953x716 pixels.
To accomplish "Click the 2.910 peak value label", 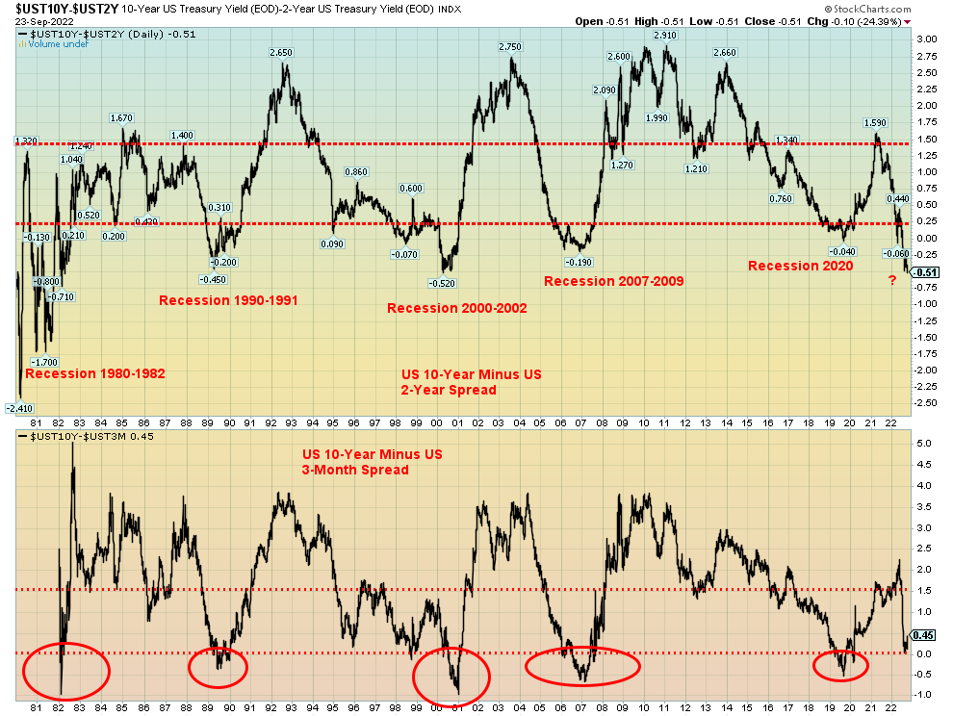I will click(664, 35).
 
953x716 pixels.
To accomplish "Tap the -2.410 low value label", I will click(18, 408).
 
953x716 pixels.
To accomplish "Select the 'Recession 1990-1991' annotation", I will click(228, 300).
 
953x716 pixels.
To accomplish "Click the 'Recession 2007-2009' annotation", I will click(613, 281).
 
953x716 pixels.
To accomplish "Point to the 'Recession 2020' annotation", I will click(800, 266).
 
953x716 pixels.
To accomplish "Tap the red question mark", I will click(891, 280).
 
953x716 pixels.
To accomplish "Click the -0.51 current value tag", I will click(926, 271).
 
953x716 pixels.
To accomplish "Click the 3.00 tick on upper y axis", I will click(926, 39).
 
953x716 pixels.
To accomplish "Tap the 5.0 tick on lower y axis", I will click(922, 444).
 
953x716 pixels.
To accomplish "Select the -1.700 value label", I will click(46, 363).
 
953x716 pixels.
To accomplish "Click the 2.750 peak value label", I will click(509, 47).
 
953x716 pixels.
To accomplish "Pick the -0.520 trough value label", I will click(443, 283).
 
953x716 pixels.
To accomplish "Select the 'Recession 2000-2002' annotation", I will click(456, 308).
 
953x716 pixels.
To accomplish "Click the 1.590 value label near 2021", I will click(875, 122).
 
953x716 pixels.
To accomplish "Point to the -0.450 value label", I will click(213, 279).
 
